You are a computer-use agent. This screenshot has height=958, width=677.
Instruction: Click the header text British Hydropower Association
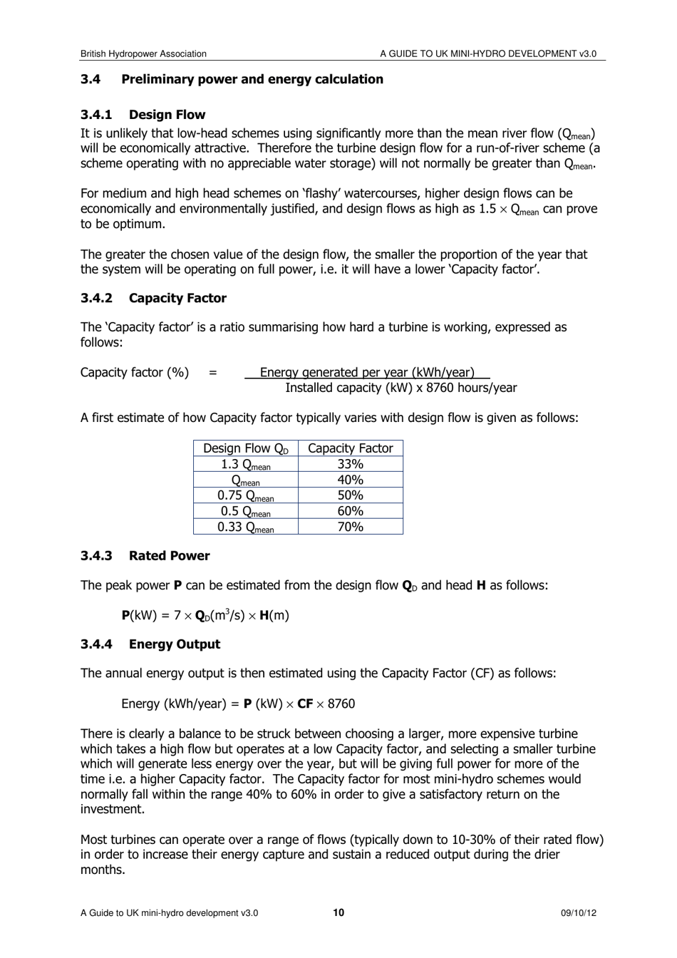coord(143,53)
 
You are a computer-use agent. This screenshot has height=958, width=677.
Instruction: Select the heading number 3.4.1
coord(96,115)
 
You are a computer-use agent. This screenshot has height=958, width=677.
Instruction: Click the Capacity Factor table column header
coord(350,448)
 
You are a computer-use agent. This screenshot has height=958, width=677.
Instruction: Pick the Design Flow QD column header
coord(245,448)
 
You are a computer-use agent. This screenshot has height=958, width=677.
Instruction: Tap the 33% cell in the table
coord(350,464)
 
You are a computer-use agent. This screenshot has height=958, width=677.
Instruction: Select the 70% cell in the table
coord(350,527)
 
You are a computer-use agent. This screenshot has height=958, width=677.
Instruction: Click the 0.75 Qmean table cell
coord(245,495)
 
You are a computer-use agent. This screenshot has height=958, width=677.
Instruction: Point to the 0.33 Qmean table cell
coord(245,527)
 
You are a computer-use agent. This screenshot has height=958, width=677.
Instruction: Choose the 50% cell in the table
coord(350,495)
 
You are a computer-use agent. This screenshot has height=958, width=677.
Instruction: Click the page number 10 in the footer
coord(338,912)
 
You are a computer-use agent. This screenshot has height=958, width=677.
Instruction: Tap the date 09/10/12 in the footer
coord(578,913)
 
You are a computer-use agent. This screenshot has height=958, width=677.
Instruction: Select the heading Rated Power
coord(169,556)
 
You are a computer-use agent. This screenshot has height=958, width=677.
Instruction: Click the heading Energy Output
coord(174,644)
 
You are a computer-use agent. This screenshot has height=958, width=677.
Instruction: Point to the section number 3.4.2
coord(96,298)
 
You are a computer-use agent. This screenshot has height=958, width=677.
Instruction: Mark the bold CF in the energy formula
coord(305,704)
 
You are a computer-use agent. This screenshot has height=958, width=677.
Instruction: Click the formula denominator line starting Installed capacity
coord(400,388)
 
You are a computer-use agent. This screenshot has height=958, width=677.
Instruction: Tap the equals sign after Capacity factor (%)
coord(212,373)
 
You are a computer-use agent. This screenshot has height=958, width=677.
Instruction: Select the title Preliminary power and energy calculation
coord(252,79)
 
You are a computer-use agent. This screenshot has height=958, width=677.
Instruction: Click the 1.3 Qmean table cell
coord(245,464)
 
